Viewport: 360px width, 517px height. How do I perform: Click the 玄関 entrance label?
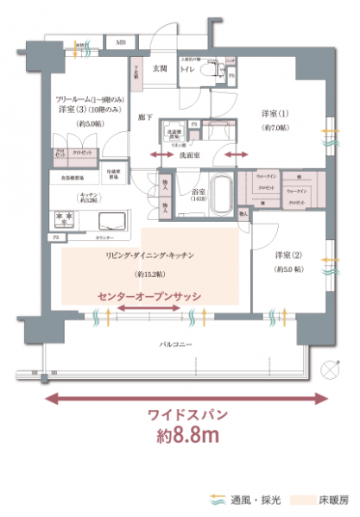coord(161,67)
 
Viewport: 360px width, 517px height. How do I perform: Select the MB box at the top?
coord(121,41)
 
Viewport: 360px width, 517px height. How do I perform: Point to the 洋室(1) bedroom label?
coord(274,115)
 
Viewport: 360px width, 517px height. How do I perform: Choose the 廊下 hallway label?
coord(145,116)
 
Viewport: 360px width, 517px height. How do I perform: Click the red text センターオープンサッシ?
coord(149,296)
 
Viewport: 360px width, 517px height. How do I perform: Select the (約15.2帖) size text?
coord(149,274)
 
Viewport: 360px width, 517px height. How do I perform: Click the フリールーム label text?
coord(79,99)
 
